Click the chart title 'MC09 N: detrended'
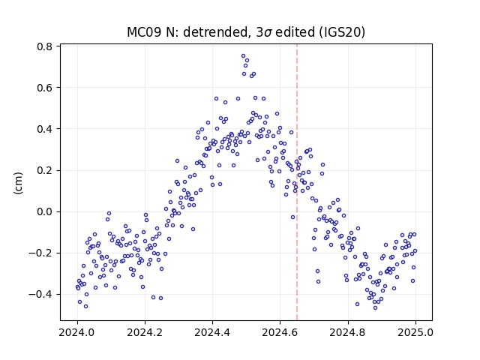187,32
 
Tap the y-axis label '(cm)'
18,183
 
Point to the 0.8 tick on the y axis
44,46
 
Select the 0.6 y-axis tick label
44,88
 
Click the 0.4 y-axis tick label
44,129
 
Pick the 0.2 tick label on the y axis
44,170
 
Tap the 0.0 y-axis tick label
44,211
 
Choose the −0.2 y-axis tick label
40,253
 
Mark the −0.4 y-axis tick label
40,295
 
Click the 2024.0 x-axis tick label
77,332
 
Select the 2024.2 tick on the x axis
145,332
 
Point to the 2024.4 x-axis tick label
212,332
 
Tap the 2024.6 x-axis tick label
280,332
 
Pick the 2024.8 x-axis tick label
348,332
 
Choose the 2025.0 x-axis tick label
415,332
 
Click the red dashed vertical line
297,182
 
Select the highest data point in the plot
243,56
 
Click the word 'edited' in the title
295,32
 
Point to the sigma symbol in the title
268,33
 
